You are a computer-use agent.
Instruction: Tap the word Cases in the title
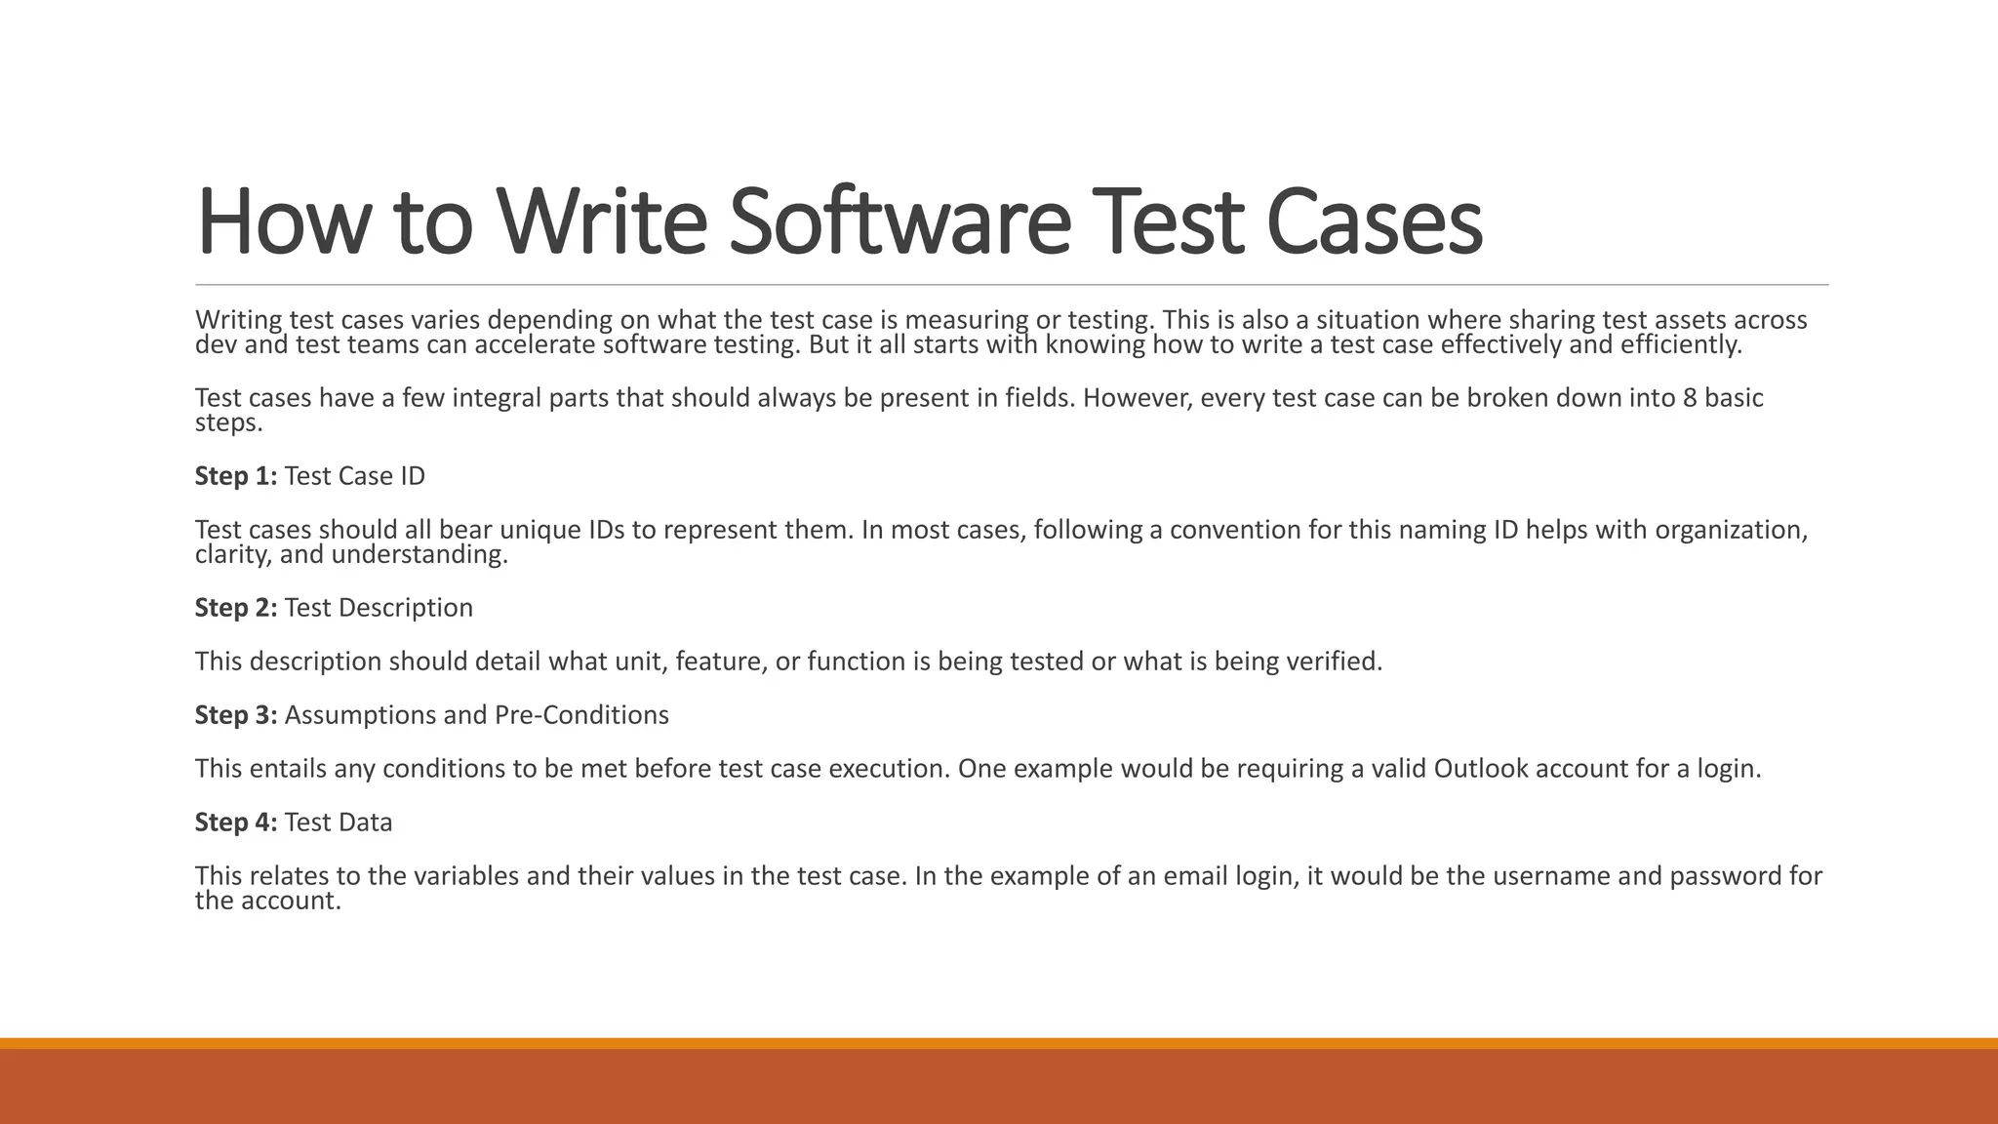click(x=1374, y=221)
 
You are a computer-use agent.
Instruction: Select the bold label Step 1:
click(x=236, y=476)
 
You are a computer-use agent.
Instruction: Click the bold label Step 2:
click(x=236, y=608)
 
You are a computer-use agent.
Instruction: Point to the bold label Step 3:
click(x=236, y=715)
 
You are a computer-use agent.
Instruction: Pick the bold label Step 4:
click(x=236, y=823)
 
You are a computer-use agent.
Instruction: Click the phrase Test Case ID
click(x=355, y=476)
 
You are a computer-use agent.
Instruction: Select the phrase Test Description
click(x=379, y=608)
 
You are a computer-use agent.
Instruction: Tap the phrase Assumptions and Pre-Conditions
click(x=476, y=715)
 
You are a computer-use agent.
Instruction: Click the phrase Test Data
click(x=339, y=823)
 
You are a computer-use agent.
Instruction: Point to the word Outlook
click(x=1481, y=769)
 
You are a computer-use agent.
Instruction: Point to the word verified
click(x=1334, y=662)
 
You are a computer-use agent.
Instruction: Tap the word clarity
click(x=233, y=555)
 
